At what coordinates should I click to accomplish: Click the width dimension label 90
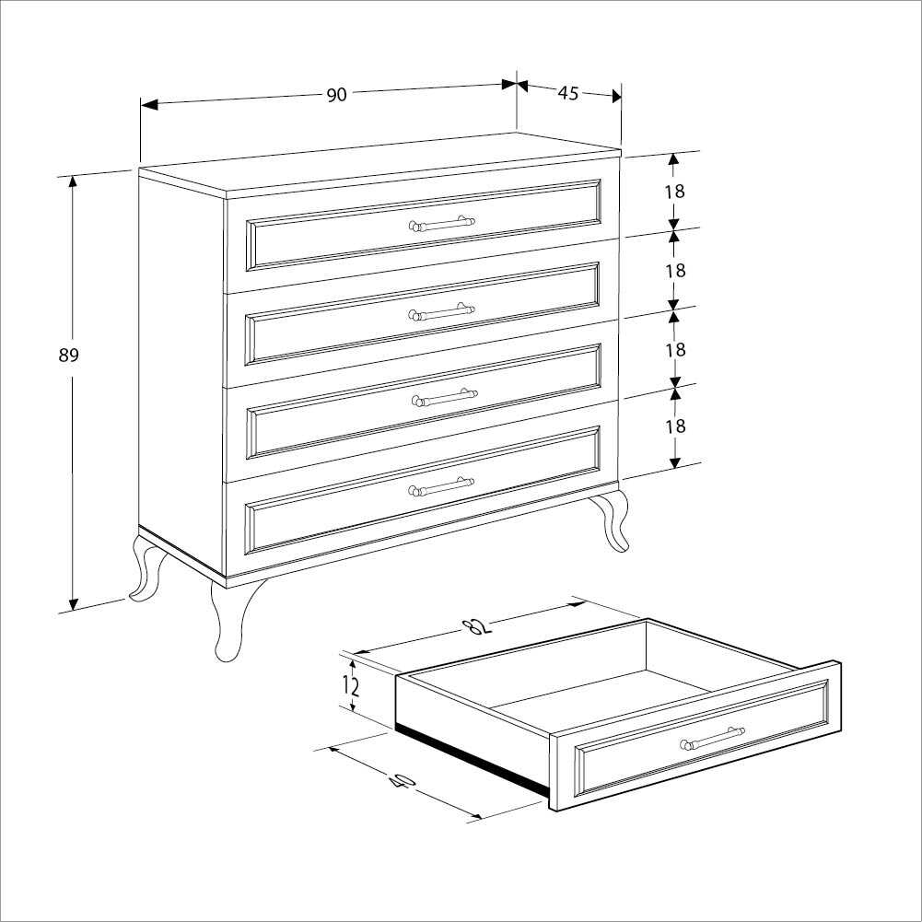336,95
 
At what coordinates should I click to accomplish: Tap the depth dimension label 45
568,92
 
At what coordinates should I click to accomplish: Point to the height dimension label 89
69,356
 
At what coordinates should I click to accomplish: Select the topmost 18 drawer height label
675,192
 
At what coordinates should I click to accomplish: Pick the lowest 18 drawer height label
675,426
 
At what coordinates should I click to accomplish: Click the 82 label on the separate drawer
476,626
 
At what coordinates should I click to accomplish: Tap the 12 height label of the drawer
351,685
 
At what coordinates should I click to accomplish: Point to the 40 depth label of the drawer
402,781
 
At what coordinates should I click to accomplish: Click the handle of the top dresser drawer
442,223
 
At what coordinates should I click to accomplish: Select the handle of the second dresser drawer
442,311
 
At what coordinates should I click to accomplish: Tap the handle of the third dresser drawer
444,398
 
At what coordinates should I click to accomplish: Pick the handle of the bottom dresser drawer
441,485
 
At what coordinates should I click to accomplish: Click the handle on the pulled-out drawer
712,739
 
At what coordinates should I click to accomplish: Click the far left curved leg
146,571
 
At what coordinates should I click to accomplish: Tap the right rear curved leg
611,519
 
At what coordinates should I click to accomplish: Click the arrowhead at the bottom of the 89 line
73,603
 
